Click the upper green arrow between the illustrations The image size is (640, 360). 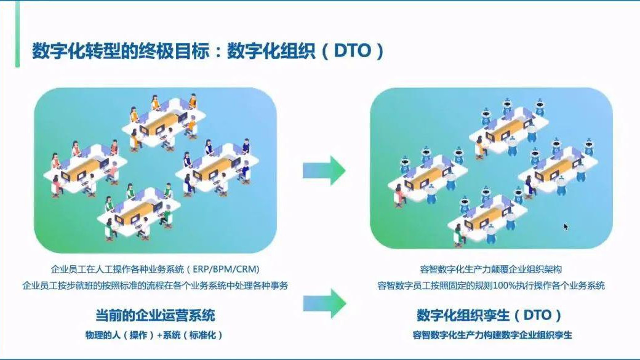click(324, 170)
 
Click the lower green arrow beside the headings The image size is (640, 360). click(324, 303)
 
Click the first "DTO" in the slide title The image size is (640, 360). click(353, 50)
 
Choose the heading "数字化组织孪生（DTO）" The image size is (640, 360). click(490, 316)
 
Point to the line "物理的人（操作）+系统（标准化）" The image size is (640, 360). click(154, 335)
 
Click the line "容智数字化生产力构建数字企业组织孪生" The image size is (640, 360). click(492, 335)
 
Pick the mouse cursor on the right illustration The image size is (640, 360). click(566, 226)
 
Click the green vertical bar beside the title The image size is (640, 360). click(17, 34)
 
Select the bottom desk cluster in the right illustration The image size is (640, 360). click(486, 216)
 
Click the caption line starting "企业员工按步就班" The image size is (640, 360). click(155, 286)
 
